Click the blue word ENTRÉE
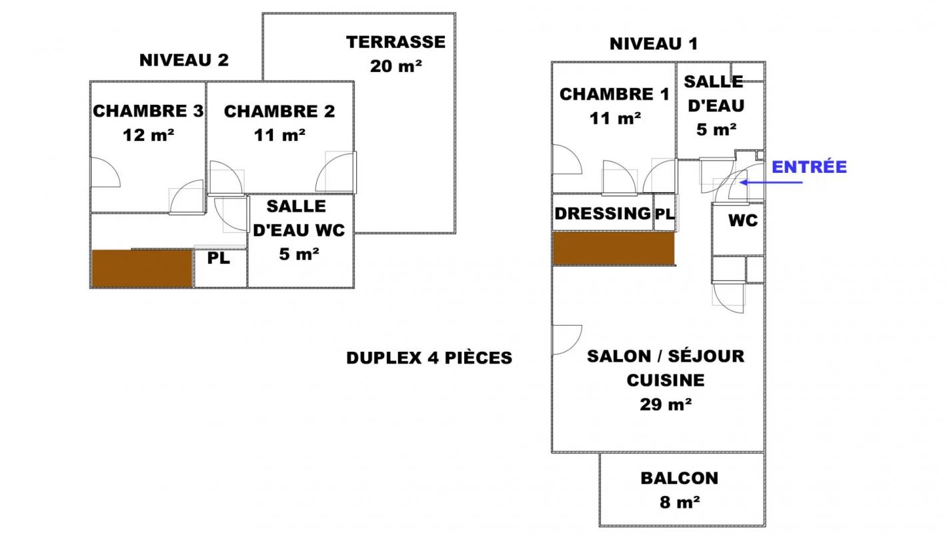coord(809,167)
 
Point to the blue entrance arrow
coord(771,183)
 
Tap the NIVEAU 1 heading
coord(654,43)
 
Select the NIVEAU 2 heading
coord(184,60)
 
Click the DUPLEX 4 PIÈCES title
coord(429,358)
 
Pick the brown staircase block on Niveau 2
coord(143,269)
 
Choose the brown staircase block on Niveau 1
coord(614,248)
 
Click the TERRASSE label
coord(395,42)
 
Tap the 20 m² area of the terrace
coord(395,66)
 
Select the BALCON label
coord(680,478)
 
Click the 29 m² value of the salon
coord(666,404)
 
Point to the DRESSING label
coord(602,214)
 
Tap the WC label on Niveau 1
coord(743,220)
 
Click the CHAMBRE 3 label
coord(149,111)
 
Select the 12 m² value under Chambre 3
coord(149,135)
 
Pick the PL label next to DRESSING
coord(665,214)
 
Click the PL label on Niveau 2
coord(219,258)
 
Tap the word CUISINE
coord(666,380)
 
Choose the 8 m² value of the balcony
coord(680,502)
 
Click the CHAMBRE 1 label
coord(614,94)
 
